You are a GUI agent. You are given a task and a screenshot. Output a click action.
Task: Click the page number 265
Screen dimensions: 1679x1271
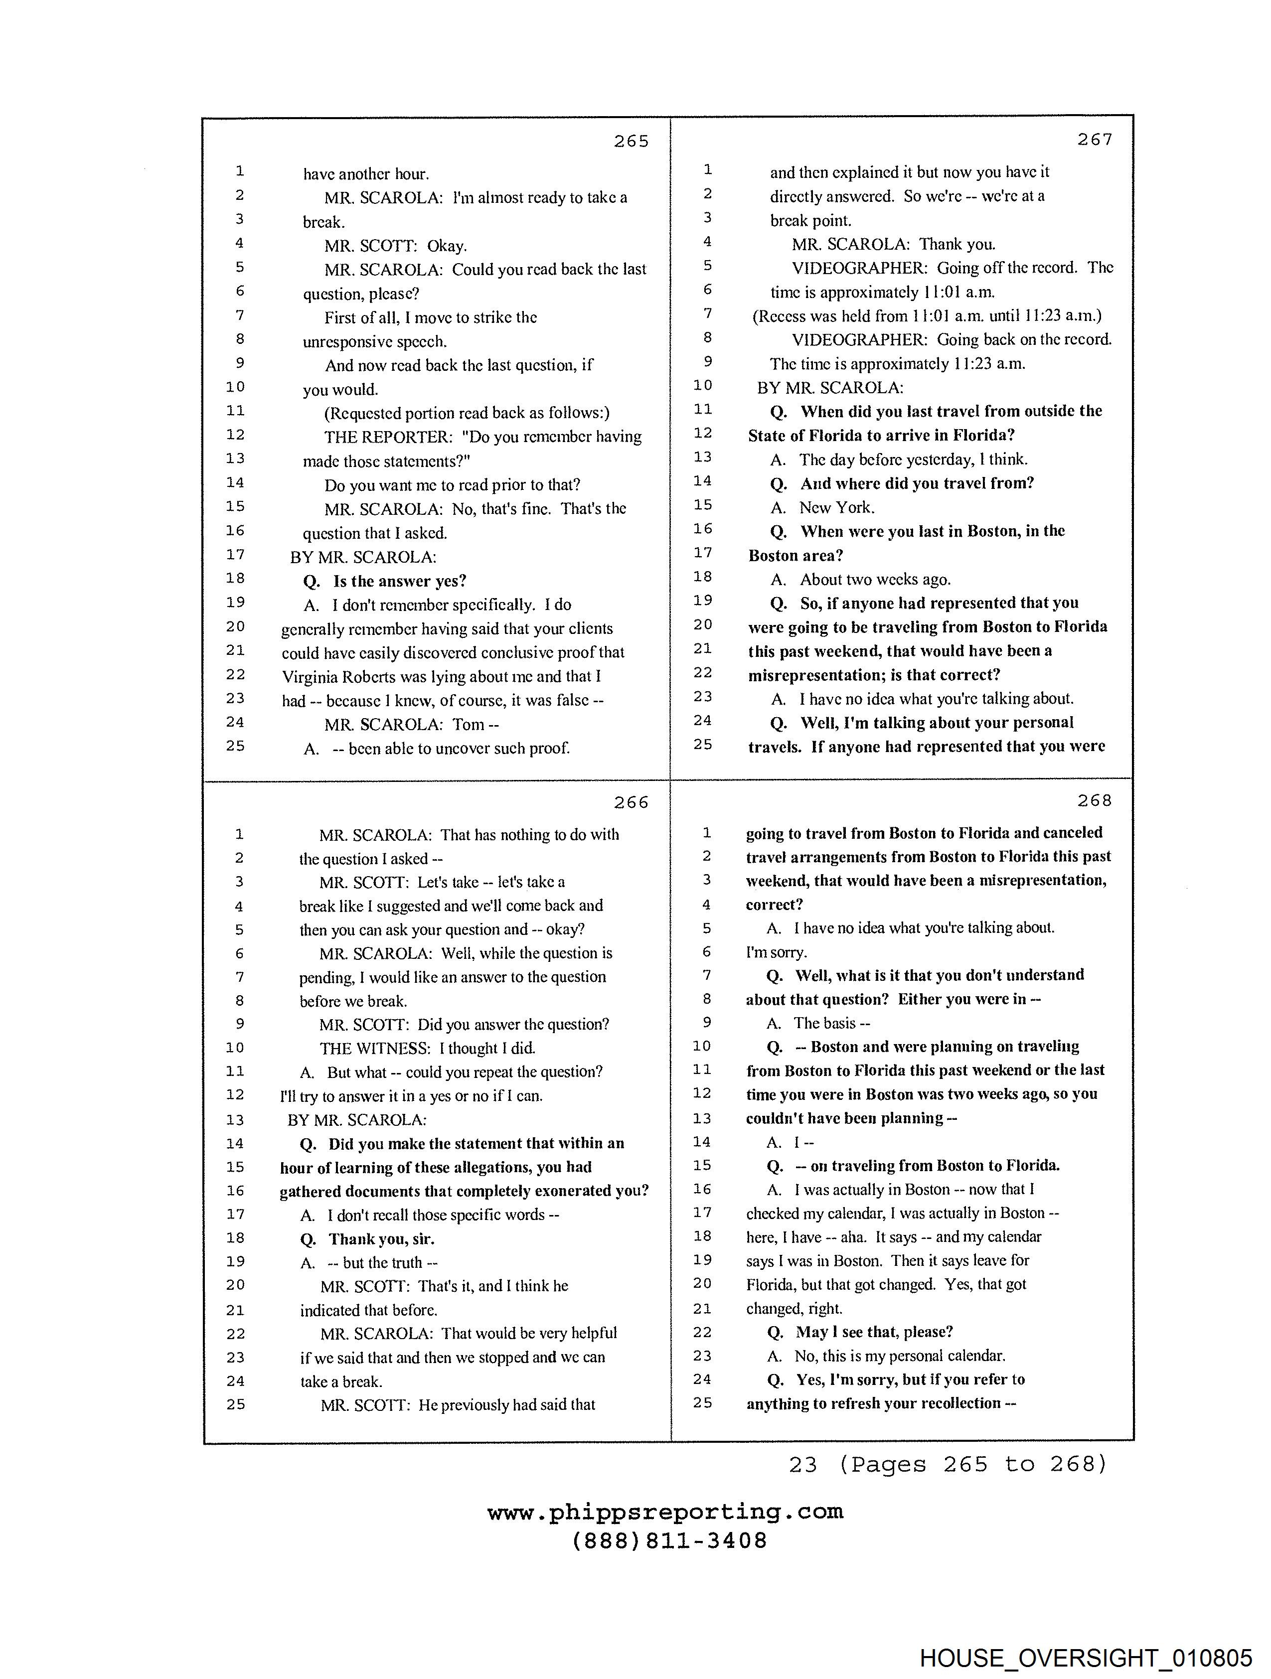point(631,141)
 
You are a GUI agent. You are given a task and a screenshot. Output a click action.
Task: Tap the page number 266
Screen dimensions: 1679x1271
point(631,802)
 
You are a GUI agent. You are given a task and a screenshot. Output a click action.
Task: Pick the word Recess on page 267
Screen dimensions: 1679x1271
point(781,316)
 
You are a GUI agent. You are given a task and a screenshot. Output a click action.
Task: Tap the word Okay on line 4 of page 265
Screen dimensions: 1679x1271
point(447,246)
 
